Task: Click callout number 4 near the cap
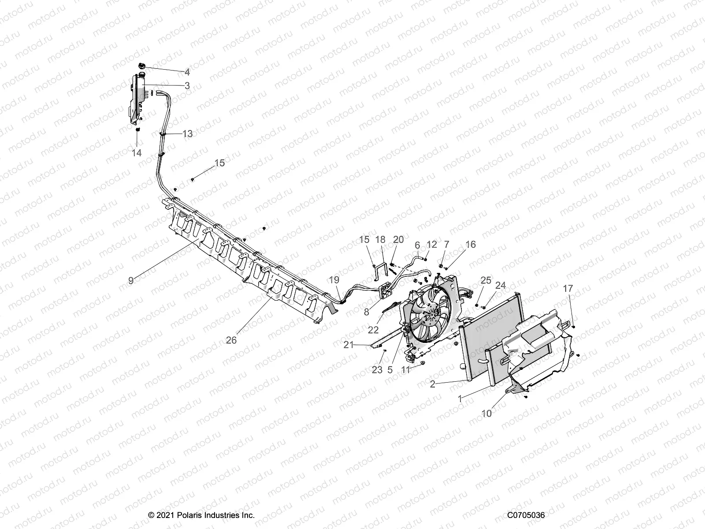coord(187,72)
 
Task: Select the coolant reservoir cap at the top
coord(142,66)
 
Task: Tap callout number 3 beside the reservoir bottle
coord(187,86)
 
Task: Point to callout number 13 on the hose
coord(187,134)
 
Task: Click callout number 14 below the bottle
coord(137,153)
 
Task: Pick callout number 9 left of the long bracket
coord(131,280)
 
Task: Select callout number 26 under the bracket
coord(231,340)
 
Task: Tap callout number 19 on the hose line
coord(334,279)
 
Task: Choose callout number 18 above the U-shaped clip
coord(380,239)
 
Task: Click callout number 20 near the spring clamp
coord(398,239)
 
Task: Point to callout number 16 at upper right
coord(471,244)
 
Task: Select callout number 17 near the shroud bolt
coord(568,288)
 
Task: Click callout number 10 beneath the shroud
coord(486,414)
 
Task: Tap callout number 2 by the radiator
coord(433,384)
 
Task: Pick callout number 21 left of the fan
coord(349,345)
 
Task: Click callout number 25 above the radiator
coord(486,280)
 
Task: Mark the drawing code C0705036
coord(526,515)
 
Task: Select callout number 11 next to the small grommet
coord(405,370)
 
